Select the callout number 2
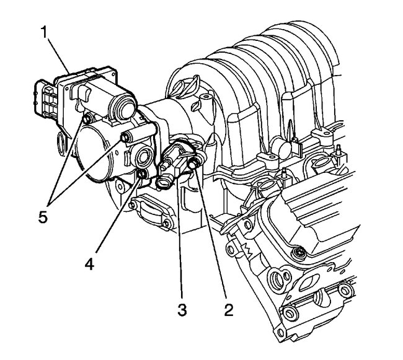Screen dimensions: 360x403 pyautogui.click(x=229, y=309)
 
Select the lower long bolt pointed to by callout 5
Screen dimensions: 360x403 pyautogui.click(x=126, y=137)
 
